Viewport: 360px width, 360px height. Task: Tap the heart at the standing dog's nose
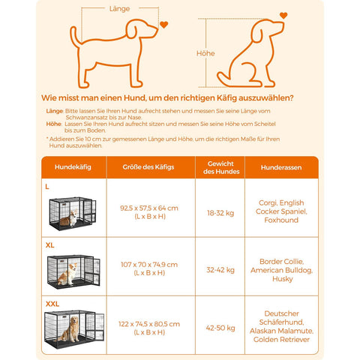tap(164, 25)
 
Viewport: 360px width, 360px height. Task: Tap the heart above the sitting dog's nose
tap(283, 15)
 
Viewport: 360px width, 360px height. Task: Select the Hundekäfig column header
tap(73, 167)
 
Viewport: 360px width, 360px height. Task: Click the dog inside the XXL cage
tap(73, 331)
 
